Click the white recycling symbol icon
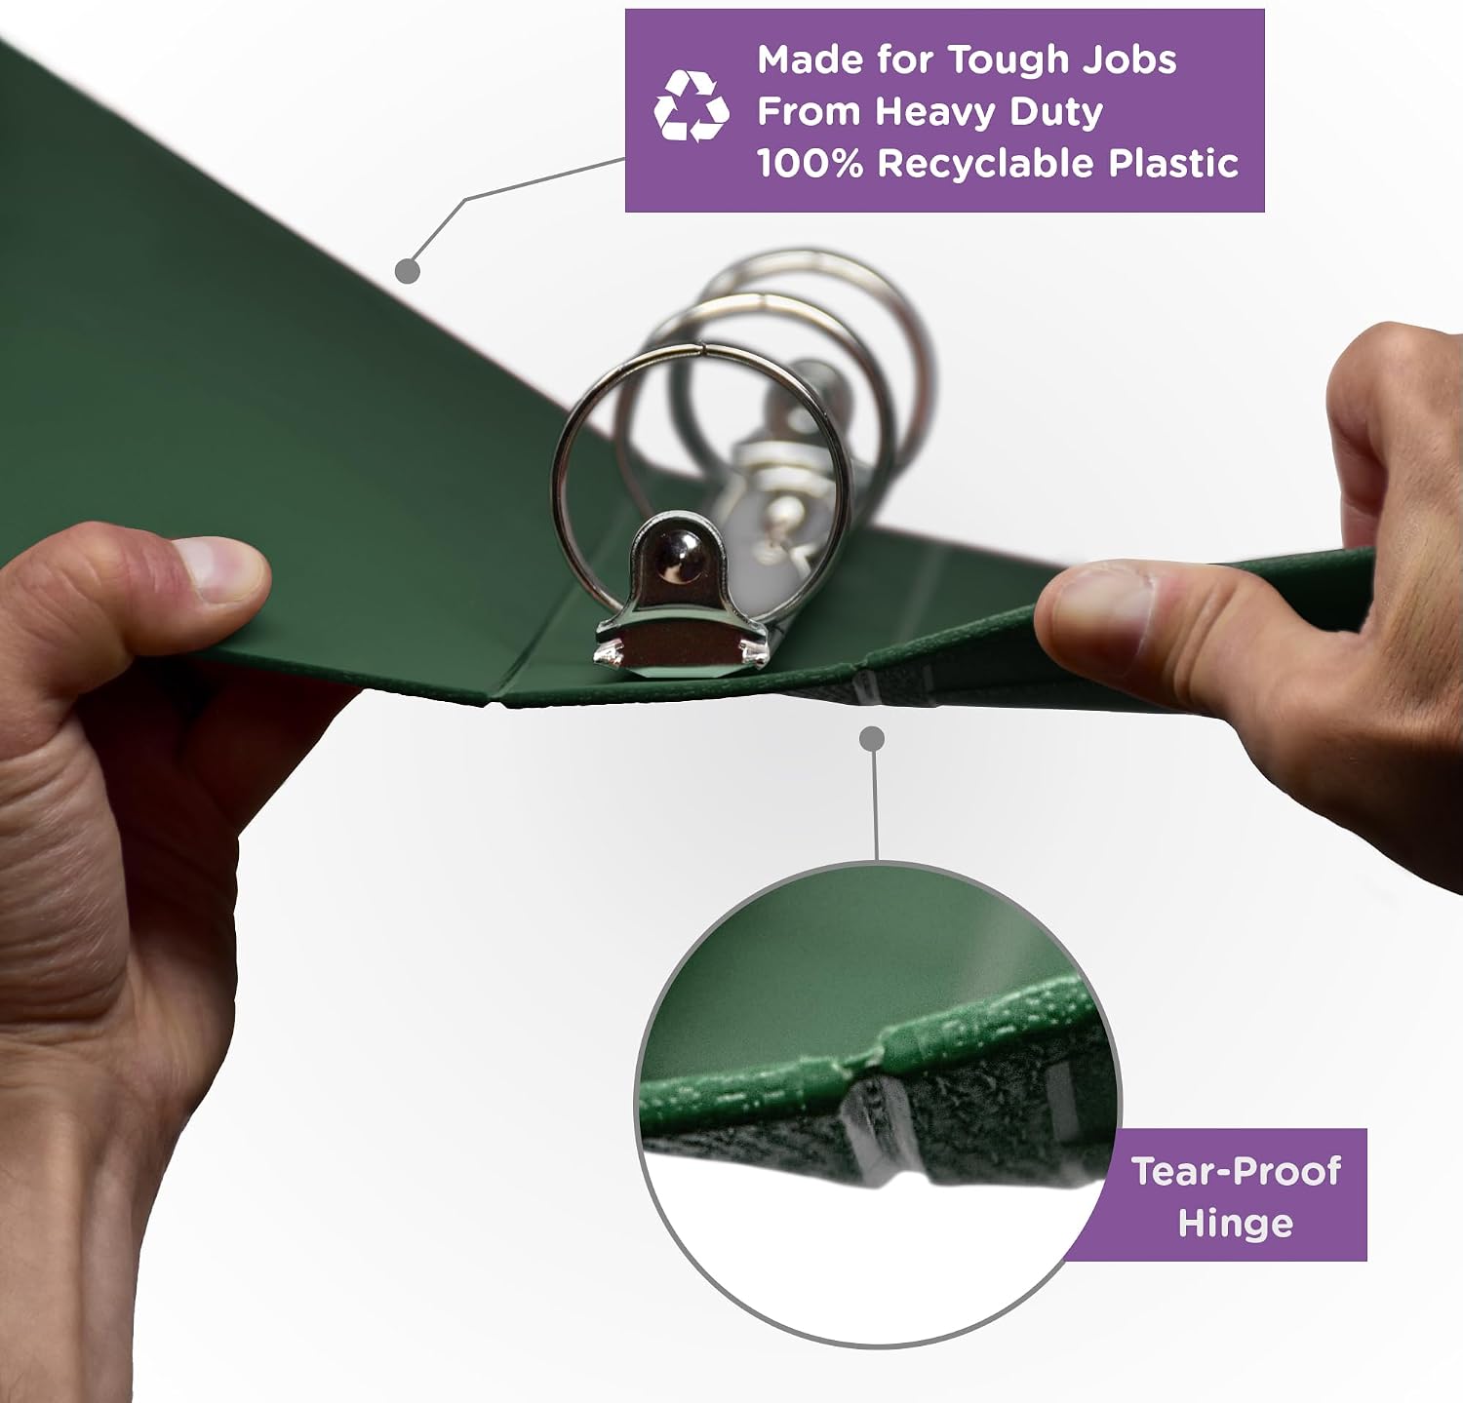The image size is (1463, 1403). pos(691,106)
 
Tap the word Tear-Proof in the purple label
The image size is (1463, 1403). pos(1236,1170)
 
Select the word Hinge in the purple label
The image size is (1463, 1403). pos(1236,1223)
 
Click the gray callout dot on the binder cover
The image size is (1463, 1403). pos(408,271)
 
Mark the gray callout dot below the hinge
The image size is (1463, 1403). pos(873,738)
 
